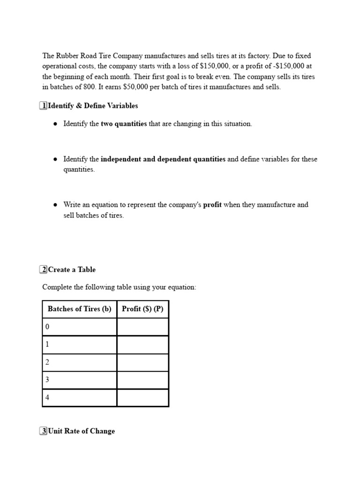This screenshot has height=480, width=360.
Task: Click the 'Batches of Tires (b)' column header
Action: tap(79, 309)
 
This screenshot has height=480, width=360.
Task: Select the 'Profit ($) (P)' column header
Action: tap(142, 309)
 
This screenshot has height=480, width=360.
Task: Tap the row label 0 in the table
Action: tap(47, 327)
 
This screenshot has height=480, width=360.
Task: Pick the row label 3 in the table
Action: tap(47, 380)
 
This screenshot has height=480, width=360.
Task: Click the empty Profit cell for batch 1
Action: tap(142, 345)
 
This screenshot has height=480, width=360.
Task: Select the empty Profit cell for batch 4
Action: tap(142, 397)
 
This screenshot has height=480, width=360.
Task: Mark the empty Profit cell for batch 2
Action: tap(142, 362)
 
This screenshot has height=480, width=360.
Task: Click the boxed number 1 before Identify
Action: tap(44, 106)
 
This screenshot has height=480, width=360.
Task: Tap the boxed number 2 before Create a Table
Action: tap(44, 270)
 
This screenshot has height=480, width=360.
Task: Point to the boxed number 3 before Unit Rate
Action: tap(44, 431)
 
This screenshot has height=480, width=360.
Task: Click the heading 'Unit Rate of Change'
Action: tap(82, 431)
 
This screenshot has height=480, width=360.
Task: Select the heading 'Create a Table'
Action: tap(72, 270)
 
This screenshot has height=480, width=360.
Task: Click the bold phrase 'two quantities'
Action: tap(124, 124)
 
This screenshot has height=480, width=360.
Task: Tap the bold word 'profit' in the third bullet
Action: tap(212, 205)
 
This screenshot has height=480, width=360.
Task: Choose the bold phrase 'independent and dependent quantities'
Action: tap(163, 159)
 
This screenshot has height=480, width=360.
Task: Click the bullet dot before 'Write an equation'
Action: tap(55, 205)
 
